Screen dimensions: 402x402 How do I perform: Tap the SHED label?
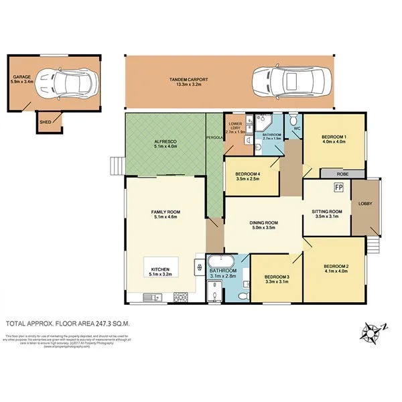[x=46, y=122]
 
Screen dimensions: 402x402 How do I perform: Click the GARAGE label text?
[x=21, y=78]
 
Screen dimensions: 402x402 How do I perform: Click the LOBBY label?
[x=365, y=203]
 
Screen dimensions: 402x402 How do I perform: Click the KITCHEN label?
[x=159, y=269]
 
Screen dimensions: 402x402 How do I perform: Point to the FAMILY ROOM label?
[x=165, y=212]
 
